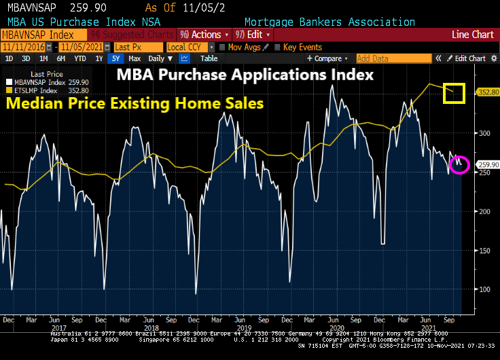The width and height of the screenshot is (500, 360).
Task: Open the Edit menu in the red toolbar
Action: (252, 35)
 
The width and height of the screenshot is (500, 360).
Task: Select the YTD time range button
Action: (80, 58)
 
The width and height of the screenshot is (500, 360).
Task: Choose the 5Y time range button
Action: (115, 58)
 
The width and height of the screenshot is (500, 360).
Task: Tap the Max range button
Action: (134, 58)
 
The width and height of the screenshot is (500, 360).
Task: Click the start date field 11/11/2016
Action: (27, 47)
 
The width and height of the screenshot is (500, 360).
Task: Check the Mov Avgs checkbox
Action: (222, 47)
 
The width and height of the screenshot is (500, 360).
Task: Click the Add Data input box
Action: (393, 58)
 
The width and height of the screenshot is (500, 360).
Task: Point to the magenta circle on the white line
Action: (459, 164)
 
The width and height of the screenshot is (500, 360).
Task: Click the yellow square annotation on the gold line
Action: (453, 93)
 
